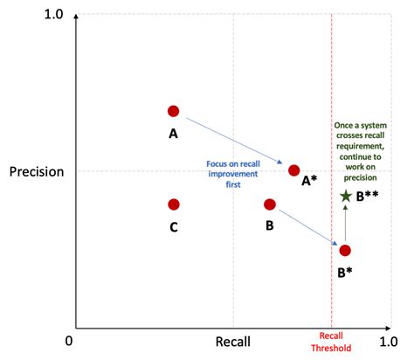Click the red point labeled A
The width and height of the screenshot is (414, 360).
173,111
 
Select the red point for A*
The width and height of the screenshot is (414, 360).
293,170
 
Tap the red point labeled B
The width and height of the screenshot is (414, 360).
270,204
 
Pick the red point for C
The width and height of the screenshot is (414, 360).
173,204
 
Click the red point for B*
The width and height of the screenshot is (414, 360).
345,251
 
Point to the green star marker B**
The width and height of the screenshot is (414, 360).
346,197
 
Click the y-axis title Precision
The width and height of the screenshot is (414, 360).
37,171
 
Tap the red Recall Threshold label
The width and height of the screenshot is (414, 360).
331,342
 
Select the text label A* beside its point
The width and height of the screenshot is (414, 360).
309,181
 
